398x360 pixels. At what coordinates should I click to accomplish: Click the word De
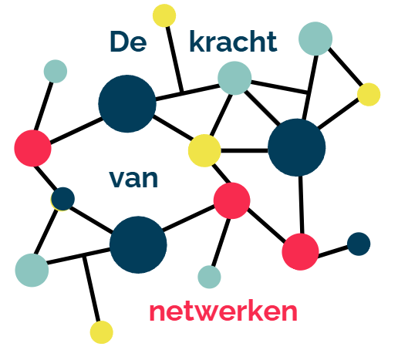click(128, 42)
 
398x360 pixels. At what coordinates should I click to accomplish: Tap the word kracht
click(233, 41)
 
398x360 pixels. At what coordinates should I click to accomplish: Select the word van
click(133, 179)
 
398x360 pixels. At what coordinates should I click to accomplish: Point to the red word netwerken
click(223, 311)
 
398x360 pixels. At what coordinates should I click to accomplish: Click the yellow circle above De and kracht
click(164, 15)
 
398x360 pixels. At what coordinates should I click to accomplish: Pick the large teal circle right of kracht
click(315, 39)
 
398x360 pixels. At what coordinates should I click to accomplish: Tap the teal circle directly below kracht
click(234, 78)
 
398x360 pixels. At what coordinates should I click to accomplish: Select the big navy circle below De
click(127, 104)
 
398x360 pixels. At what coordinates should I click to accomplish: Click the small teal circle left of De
click(56, 72)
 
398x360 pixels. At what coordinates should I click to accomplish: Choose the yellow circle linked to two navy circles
click(204, 150)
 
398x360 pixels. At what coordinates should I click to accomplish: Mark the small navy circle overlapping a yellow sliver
click(63, 199)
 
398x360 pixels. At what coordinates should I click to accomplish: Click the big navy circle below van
click(138, 244)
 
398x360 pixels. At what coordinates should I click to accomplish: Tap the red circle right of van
click(232, 200)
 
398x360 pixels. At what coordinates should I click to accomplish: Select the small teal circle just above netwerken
click(209, 277)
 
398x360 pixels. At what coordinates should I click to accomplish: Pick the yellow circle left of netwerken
click(102, 332)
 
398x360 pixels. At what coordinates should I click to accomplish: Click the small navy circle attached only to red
click(359, 244)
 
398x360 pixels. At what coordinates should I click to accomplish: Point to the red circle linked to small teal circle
click(32, 148)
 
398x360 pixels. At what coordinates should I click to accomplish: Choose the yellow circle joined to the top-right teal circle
click(369, 95)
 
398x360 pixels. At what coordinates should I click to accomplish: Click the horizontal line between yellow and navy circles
click(245, 150)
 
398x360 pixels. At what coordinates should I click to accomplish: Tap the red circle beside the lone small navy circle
click(300, 252)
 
